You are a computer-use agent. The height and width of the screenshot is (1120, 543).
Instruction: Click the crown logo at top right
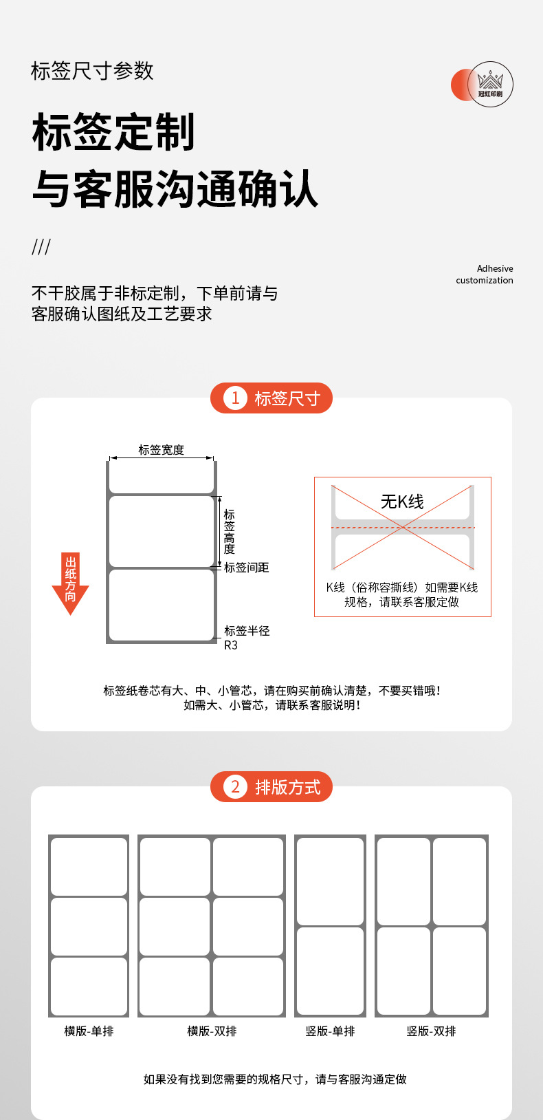(490, 84)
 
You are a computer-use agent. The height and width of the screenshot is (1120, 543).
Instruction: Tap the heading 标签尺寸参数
(92, 71)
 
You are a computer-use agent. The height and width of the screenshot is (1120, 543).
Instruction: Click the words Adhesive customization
(485, 274)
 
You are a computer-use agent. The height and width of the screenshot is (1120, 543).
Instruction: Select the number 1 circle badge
(235, 398)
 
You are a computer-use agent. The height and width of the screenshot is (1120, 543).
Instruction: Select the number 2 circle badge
(235, 787)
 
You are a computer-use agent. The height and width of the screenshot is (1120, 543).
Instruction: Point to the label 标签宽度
(162, 450)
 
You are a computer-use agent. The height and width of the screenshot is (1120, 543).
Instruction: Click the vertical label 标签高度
(230, 532)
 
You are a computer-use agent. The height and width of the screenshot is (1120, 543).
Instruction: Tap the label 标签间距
(247, 568)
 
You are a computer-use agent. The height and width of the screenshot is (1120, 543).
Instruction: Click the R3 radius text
(231, 645)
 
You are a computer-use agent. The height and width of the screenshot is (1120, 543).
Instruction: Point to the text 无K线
(402, 502)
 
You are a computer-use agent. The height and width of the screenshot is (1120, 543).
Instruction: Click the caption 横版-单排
(89, 1031)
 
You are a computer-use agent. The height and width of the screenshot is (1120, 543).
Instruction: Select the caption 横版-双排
(212, 1031)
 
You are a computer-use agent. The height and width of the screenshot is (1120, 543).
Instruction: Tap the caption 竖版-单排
(330, 1031)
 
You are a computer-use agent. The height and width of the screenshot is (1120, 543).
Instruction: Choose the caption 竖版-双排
(431, 1031)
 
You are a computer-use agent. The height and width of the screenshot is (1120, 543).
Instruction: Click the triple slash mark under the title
(41, 247)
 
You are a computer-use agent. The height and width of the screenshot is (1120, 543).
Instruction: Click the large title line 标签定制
(114, 133)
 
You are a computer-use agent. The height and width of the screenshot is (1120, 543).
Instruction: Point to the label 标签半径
(247, 631)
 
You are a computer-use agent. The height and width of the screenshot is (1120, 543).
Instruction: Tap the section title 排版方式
(287, 787)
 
